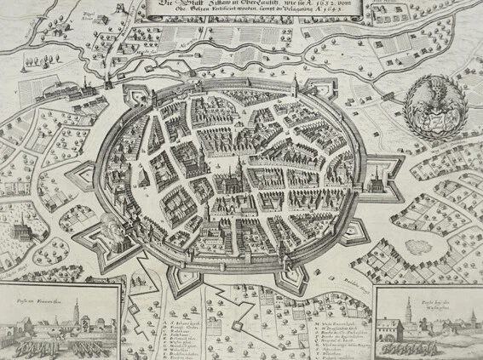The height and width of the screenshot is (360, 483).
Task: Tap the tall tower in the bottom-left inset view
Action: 76,313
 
